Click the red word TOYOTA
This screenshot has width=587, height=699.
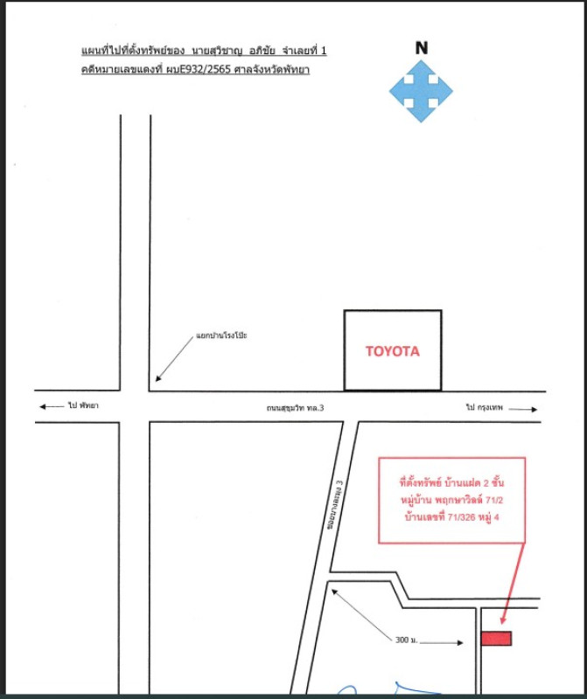[x=393, y=351]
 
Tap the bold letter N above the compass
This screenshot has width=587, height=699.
[x=422, y=48]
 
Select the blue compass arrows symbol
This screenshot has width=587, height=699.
[x=421, y=92]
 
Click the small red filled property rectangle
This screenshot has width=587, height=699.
[x=496, y=639]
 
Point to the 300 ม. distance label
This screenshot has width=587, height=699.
[x=406, y=640]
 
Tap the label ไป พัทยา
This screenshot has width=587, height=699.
[x=83, y=405]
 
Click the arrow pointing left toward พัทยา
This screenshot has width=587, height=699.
[x=52, y=406]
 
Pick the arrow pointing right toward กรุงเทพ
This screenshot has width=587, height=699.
[x=523, y=409]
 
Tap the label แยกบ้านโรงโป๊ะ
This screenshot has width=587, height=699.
[x=221, y=336]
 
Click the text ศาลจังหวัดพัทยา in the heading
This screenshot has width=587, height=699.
[x=272, y=70]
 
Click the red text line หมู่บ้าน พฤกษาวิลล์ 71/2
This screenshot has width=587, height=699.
[x=451, y=500]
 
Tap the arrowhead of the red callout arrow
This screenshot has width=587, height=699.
[x=503, y=620]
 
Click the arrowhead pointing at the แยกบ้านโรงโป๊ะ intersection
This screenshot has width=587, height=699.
[x=157, y=378]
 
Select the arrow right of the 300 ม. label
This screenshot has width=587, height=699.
[x=442, y=642]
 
